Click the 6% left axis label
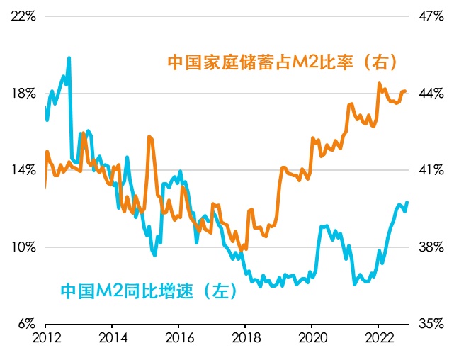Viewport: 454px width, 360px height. [x=26, y=324]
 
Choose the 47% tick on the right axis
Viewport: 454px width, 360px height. [x=430, y=16]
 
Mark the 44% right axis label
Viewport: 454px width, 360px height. [x=430, y=94]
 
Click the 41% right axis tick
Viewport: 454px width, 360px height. [x=430, y=170]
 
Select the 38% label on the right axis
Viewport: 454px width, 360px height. [x=430, y=247]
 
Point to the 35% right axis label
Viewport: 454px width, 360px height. [x=430, y=324]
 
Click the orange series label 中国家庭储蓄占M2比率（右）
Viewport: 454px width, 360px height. [x=281, y=62]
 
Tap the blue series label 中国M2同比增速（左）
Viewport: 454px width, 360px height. [x=150, y=291]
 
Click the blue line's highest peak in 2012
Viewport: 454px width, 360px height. [x=69, y=58]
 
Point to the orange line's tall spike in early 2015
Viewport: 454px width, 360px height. [x=149, y=137]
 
